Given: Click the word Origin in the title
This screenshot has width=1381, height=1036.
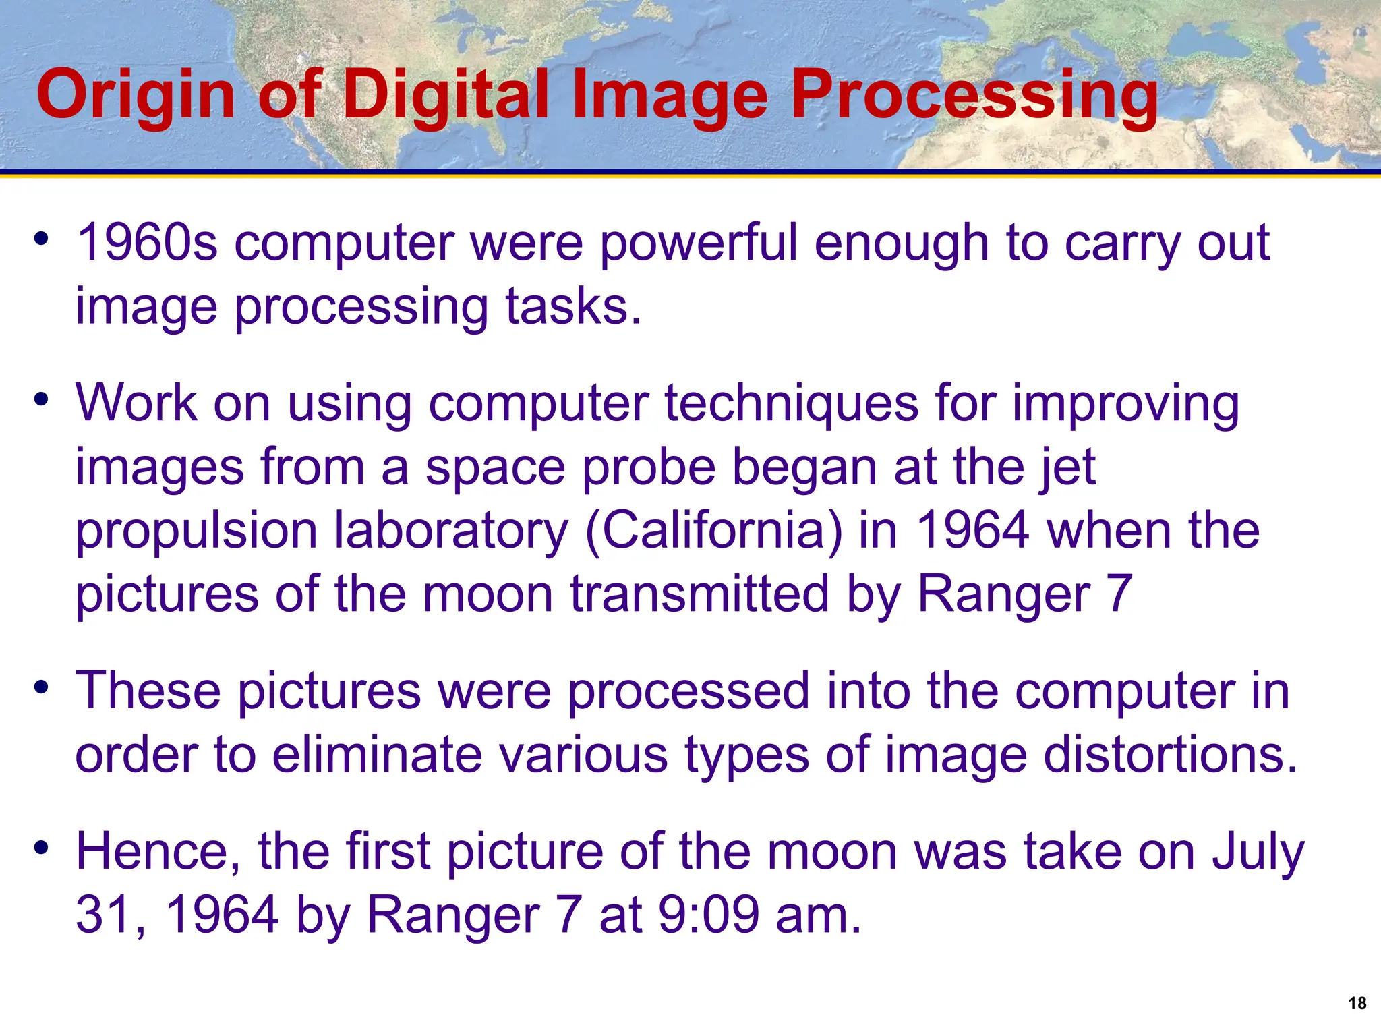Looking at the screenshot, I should click(136, 96).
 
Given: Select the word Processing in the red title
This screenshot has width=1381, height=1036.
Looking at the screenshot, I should click(974, 96).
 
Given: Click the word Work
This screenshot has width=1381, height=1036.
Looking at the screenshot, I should click(136, 403).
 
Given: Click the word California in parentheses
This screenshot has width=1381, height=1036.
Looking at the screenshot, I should click(714, 530).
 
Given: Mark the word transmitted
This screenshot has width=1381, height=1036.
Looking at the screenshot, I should click(699, 594).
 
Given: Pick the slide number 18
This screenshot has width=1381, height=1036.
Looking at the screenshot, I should click(1357, 1003).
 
